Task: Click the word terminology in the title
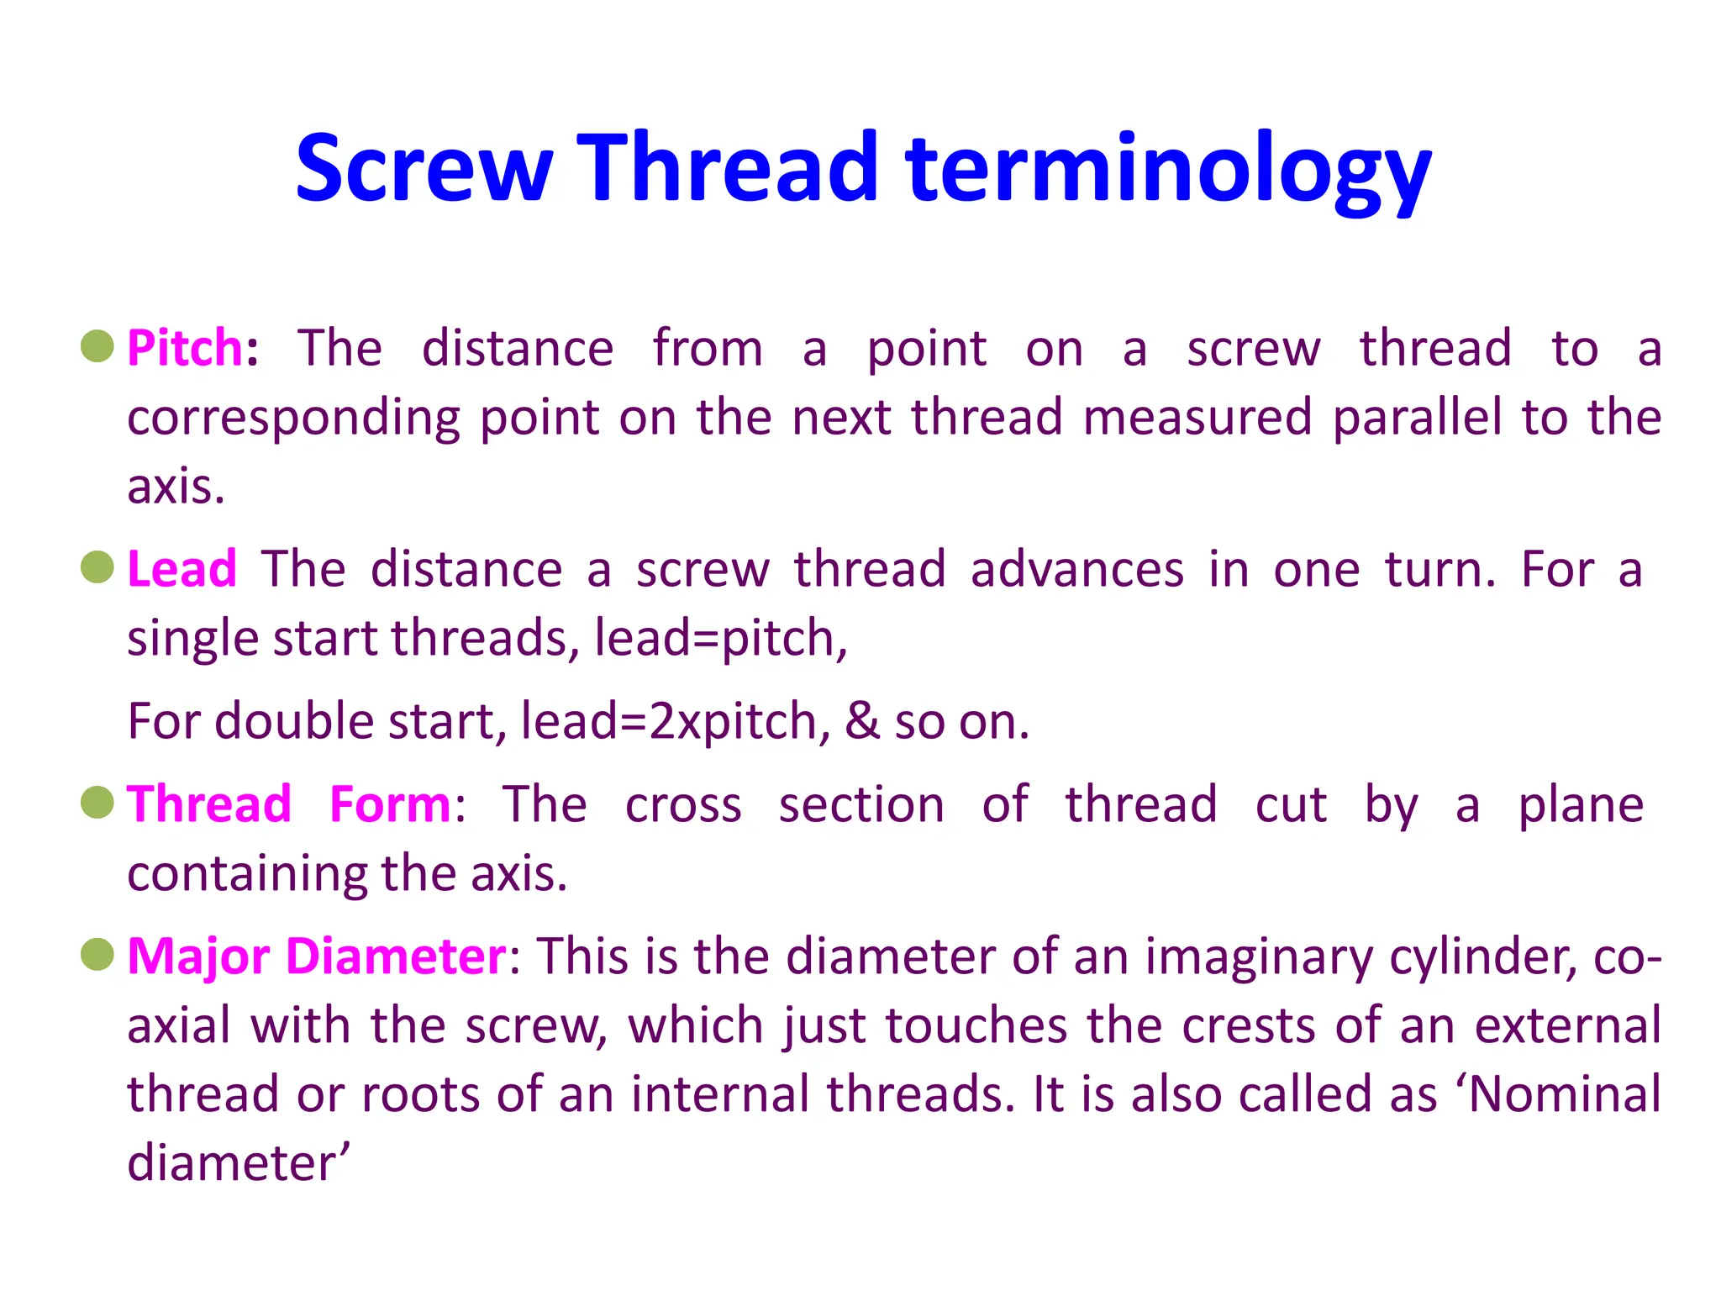[1168, 172]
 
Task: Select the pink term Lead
[182, 569]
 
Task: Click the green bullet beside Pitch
[97, 346]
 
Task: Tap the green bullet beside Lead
[97, 567]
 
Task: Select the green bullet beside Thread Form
[97, 802]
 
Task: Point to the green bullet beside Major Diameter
[97, 955]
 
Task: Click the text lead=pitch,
[720, 638]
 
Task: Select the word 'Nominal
[1559, 1094]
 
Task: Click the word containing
[246, 874]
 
